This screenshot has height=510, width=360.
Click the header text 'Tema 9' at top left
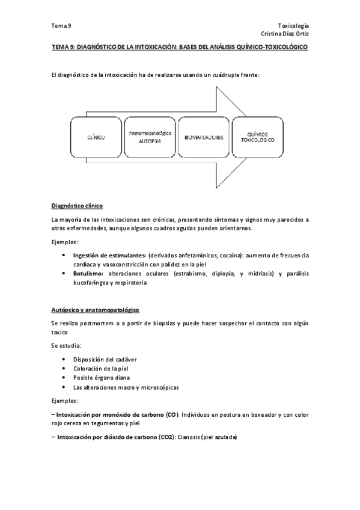click(x=61, y=26)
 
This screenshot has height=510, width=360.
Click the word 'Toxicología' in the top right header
click(x=293, y=26)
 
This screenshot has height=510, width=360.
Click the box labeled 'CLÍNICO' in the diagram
click(x=96, y=137)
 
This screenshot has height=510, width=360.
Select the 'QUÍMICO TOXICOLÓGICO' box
click(x=257, y=137)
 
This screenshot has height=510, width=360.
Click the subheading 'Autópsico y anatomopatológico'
click(x=95, y=310)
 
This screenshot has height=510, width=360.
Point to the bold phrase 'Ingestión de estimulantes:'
click(x=109, y=256)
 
